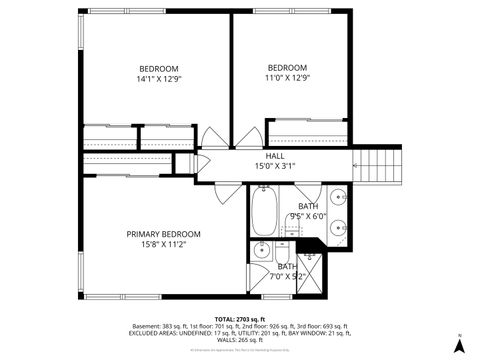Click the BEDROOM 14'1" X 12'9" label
click(x=158, y=73)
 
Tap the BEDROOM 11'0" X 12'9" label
click(x=287, y=73)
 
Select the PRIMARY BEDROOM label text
click(x=163, y=238)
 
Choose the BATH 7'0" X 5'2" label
click(x=286, y=271)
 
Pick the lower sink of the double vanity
click(x=337, y=225)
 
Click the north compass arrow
click(x=459, y=343)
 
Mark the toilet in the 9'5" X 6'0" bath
click(x=292, y=231)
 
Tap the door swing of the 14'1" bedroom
click(x=214, y=139)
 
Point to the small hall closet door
click(x=200, y=162)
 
